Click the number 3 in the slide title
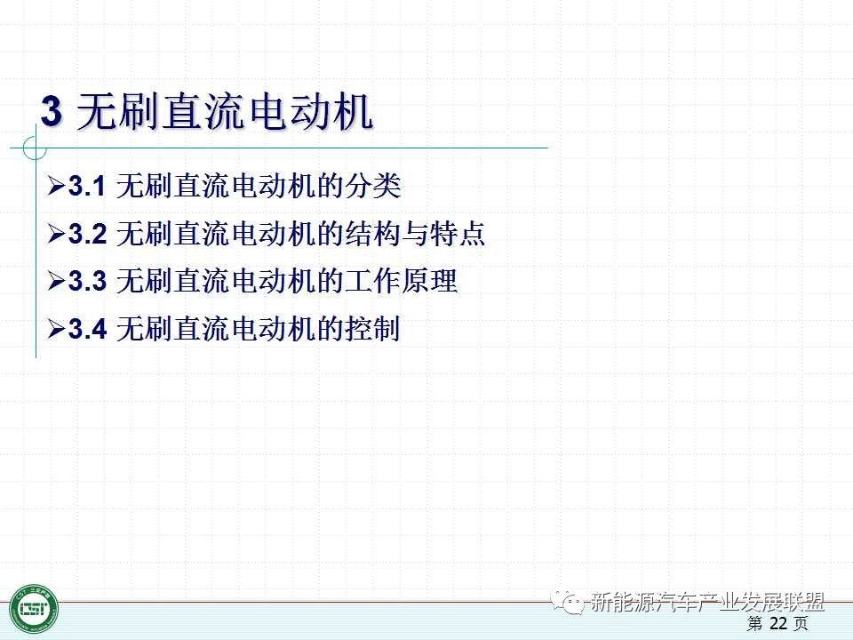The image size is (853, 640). pos(52,112)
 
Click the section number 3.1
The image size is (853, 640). pos(87,186)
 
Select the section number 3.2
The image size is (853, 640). pos(88,234)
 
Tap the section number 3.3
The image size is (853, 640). pos(88,282)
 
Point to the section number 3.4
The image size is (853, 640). pos(88,329)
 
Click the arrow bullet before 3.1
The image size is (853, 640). pos(57,186)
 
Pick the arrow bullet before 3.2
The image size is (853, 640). pos(57,234)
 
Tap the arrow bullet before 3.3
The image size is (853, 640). pos(57,282)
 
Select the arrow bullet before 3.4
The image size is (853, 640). pos(57,329)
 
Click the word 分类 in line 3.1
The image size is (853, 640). pos(372,186)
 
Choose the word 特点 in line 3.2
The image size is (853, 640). pos(457,234)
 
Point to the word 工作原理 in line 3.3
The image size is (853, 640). pos(401,282)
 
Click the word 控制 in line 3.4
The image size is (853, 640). pos(372,329)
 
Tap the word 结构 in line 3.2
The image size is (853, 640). pos(372,234)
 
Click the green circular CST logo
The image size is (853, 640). pos(34,609)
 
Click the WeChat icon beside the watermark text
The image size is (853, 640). pos(567,602)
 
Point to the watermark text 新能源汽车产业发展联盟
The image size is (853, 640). pos(707,602)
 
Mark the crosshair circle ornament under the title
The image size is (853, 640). pos(36,148)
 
